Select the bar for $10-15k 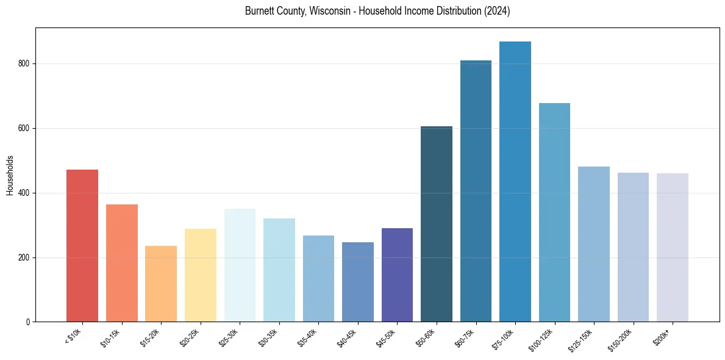tap(122, 263)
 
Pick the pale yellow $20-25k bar tap(200, 275)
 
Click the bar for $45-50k tap(397, 275)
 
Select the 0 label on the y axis tap(27, 322)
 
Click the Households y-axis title tap(10, 175)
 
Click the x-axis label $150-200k tap(620, 340)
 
